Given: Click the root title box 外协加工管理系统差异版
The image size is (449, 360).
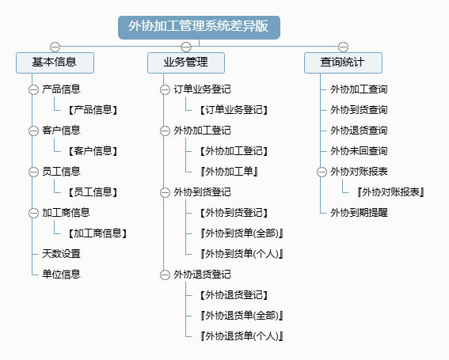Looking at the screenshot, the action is click(199, 27).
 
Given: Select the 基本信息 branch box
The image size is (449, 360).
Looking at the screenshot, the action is click(55, 63).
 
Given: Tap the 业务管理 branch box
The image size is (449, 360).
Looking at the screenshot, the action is click(186, 63).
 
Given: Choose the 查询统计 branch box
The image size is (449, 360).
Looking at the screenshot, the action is click(343, 63).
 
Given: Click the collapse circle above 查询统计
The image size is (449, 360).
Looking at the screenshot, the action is click(343, 47).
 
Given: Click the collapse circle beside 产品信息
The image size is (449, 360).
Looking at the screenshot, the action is click(33, 90).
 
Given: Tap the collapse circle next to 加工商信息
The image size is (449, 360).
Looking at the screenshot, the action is click(33, 213).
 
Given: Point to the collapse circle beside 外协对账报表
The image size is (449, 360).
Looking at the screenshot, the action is click(322, 172).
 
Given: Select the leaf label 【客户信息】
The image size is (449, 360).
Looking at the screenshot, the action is click(93, 151).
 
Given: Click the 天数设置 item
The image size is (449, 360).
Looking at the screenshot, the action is click(61, 254).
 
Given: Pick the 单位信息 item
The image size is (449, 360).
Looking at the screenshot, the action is click(61, 275).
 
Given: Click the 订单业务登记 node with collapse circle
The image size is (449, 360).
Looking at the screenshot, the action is click(202, 89).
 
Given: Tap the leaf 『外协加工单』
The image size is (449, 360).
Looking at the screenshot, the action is click(229, 172).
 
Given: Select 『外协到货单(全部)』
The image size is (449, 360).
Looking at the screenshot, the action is click(242, 233).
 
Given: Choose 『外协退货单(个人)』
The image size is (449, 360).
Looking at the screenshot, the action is click(242, 336).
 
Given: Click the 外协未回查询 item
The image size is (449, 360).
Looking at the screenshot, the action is click(359, 151).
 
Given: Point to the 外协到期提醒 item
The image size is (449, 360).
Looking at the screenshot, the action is click(359, 213).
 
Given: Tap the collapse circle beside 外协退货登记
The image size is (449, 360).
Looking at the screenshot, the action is click(165, 275).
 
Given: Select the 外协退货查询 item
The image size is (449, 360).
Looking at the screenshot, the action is click(359, 131).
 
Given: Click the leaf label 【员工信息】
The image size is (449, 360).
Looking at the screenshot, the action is click(93, 192).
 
